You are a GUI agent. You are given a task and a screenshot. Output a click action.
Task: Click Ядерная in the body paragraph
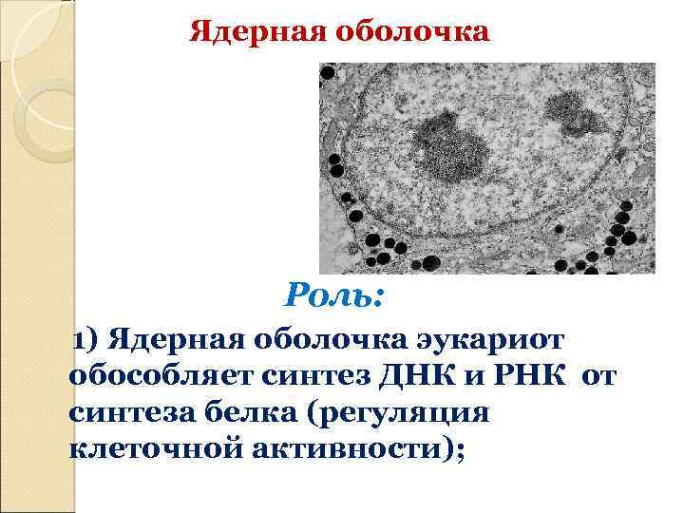pos(165,339)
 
